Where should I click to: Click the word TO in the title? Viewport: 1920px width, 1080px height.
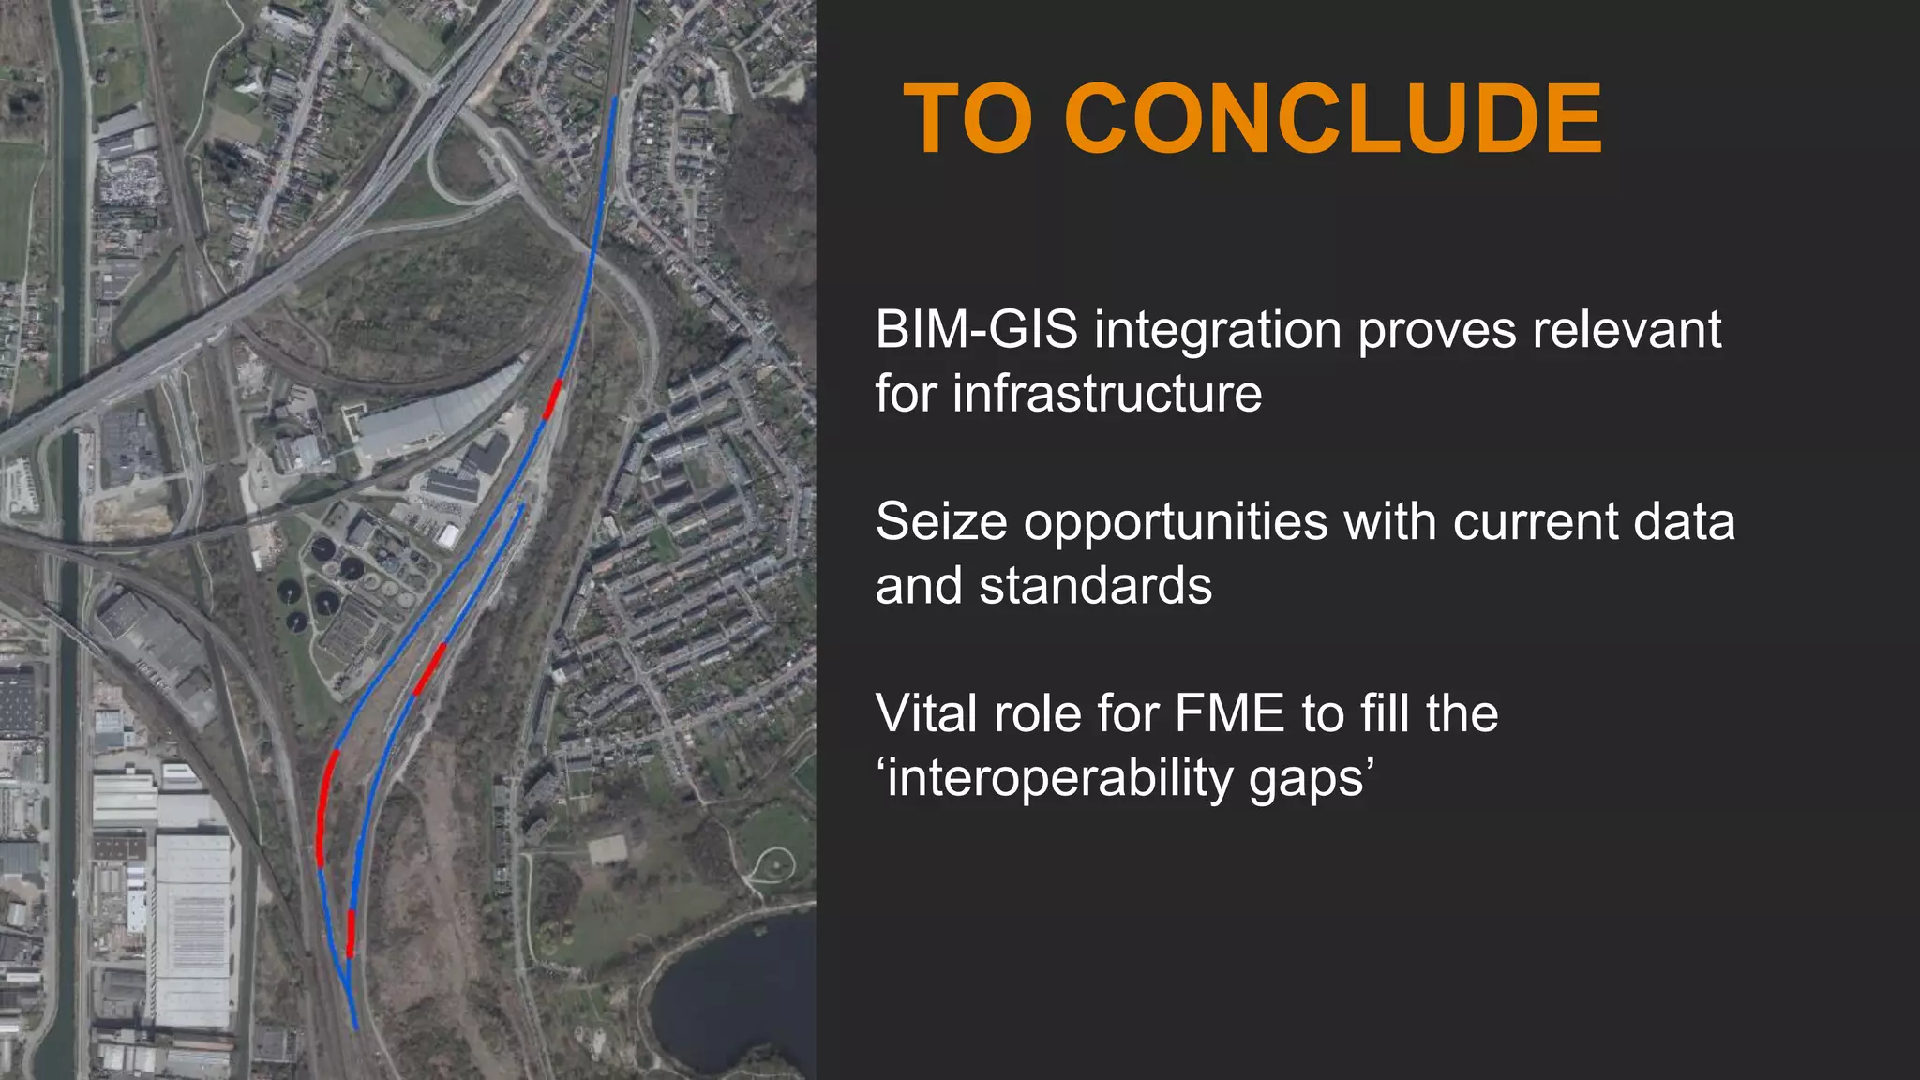pos(968,119)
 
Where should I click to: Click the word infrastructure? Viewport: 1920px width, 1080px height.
pos(1106,393)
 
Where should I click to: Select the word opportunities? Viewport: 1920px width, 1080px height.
pos(1176,522)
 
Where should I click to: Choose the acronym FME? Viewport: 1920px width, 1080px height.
pos(1228,713)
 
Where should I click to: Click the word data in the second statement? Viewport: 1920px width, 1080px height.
pos(1684,522)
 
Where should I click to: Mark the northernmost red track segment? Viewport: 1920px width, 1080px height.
pos(552,398)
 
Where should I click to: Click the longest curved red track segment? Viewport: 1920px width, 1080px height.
pos(323,806)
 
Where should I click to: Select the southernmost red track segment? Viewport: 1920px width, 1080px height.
pos(351,933)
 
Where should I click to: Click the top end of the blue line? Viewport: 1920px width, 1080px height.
pos(615,97)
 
